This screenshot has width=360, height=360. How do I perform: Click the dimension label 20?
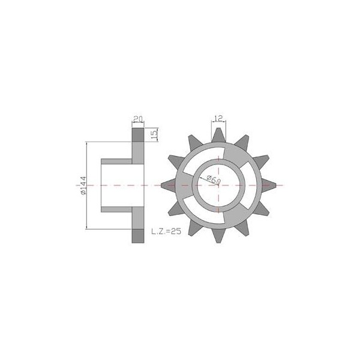coord(138,119)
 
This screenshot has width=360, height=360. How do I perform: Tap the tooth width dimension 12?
coord(218,118)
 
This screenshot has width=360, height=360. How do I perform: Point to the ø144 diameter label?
coord(83,185)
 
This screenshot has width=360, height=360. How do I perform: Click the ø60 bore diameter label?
coord(214,180)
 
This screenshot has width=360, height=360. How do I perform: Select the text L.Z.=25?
coord(166,231)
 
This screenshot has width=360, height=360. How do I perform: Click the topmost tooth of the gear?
coord(218,135)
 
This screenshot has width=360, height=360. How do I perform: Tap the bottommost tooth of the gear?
coord(218,236)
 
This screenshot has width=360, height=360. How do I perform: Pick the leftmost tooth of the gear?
coord(168,185)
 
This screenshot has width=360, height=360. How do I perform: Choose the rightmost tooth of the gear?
coord(269,185)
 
